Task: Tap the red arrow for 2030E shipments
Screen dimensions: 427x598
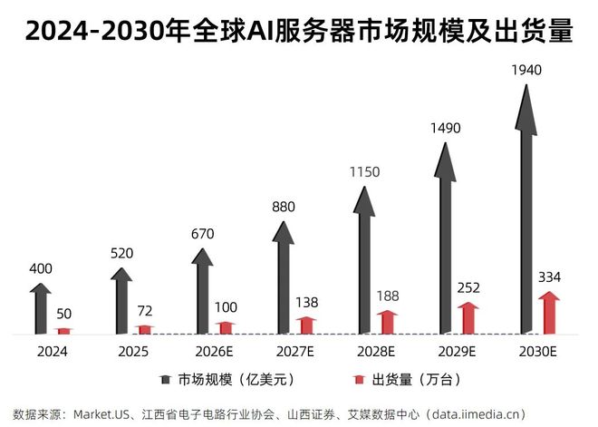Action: tap(549, 312)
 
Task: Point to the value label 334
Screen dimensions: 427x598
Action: tap(549, 276)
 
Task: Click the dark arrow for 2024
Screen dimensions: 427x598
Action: tap(39, 308)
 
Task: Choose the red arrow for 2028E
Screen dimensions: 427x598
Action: tap(388, 322)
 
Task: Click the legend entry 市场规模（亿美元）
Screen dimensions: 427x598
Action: tap(227, 378)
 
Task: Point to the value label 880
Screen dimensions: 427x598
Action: tap(284, 207)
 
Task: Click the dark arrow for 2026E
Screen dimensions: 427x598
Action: tap(202, 290)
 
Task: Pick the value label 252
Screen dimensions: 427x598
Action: tap(468, 287)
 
